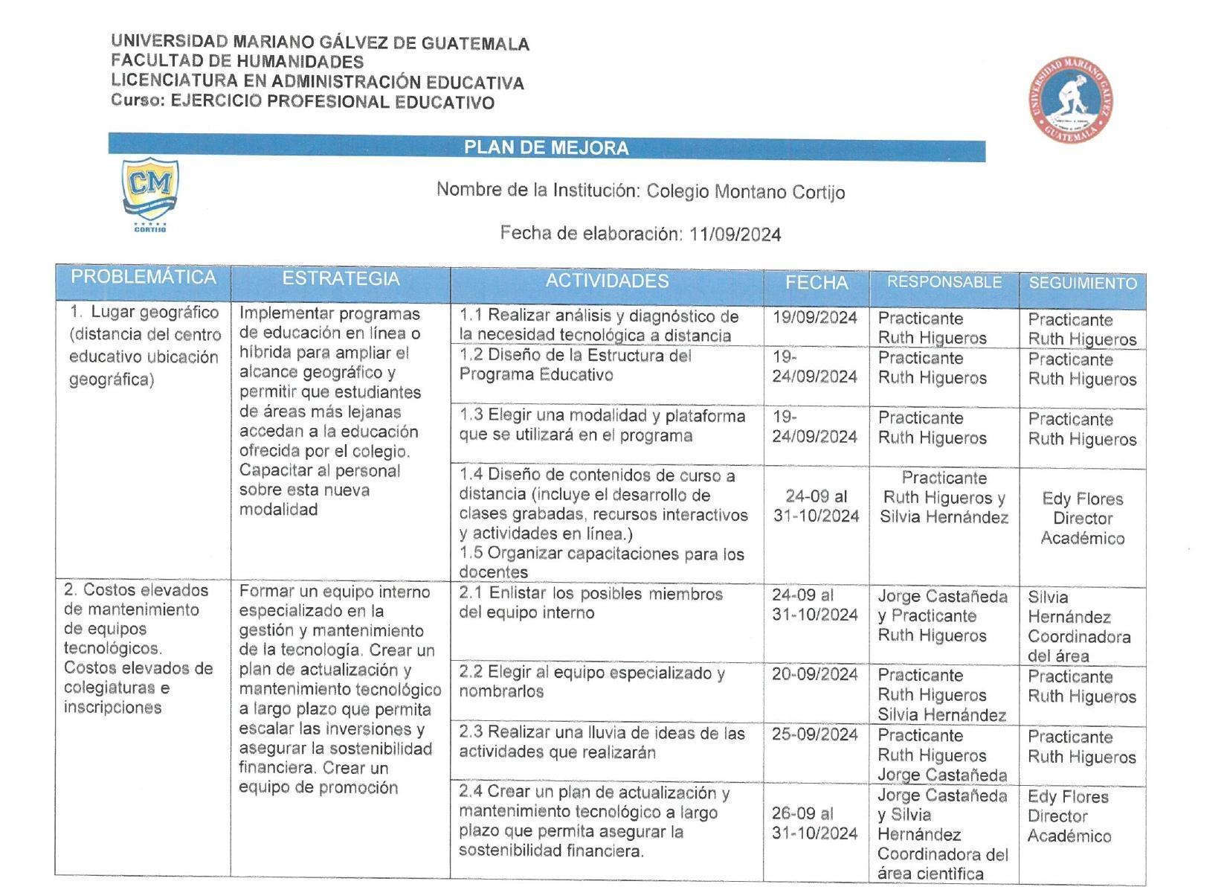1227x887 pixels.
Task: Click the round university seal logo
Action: (x=1071, y=98)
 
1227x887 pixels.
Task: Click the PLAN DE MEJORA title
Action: (x=547, y=147)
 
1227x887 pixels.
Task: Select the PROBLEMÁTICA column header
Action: (x=143, y=278)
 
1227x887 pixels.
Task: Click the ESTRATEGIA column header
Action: (x=341, y=279)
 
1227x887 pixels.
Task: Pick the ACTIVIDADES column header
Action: (x=607, y=281)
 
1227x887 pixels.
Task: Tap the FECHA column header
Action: (x=817, y=283)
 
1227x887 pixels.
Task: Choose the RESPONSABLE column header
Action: (x=944, y=283)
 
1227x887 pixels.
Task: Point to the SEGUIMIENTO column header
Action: (x=1082, y=284)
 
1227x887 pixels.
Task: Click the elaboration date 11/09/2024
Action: (x=735, y=235)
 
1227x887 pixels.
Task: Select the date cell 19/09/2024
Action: (x=814, y=318)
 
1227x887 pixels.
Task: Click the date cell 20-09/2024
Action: (x=814, y=674)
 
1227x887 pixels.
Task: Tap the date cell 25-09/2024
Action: (x=814, y=734)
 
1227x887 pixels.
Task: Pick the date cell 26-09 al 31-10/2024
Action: (x=814, y=824)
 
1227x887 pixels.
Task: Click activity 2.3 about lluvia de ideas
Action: (x=601, y=743)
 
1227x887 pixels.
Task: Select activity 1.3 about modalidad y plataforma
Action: (x=601, y=426)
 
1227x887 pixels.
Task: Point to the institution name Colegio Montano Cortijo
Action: (x=745, y=192)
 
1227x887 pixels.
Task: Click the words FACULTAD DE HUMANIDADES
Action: (x=237, y=62)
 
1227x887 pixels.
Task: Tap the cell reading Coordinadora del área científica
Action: (x=942, y=864)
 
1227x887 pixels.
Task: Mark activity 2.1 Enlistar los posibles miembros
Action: (x=590, y=603)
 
